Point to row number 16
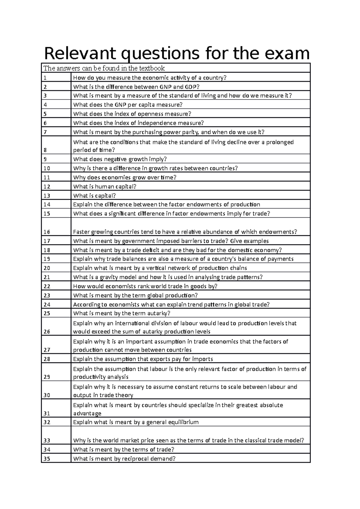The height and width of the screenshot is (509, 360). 46,232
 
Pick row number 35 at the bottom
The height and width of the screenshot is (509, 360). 46,459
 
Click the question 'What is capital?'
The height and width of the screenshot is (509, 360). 94,195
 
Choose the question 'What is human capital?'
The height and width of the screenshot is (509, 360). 104,186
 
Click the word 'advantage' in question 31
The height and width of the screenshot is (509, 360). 87,413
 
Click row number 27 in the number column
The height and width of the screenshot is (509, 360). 46,350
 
